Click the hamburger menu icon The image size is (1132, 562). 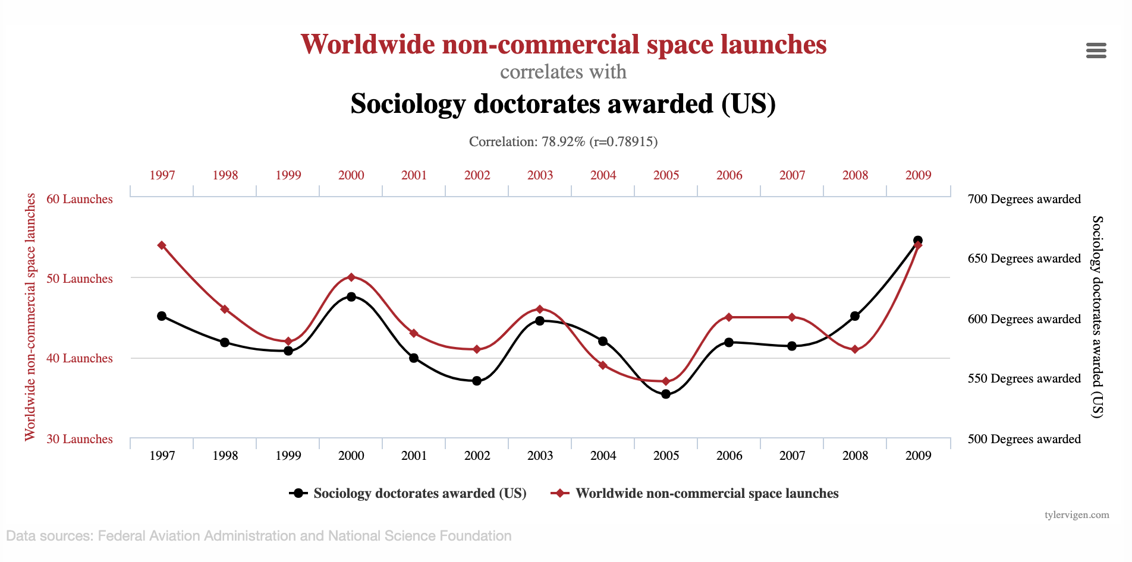coord(1096,50)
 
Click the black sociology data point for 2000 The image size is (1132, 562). coord(351,296)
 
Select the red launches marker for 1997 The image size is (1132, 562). coord(162,245)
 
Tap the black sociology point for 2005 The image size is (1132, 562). coord(666,394)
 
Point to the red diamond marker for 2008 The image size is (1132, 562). coord(855,349)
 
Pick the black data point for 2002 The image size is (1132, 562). coord(477,381)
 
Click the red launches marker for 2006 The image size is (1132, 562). coord(729,317)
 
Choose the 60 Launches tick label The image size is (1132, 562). coord(79,199)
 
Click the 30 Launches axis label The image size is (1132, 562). coord(79,439)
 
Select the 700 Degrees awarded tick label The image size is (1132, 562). coord(1024,199)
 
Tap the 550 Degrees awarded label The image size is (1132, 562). coord(1024,378)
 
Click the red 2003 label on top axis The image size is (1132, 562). coord(540,175)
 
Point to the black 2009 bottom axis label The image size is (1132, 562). coord(918,456)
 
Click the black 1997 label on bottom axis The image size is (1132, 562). coord(162,456)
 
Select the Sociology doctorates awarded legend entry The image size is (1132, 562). coord(408,493)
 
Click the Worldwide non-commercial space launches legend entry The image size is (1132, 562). coord(696,493)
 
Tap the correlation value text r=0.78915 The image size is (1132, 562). coord(624,141)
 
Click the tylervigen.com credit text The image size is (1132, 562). coord(1077,514)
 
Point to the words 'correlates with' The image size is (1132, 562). coord(563,72)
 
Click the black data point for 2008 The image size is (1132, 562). coord(855,316)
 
